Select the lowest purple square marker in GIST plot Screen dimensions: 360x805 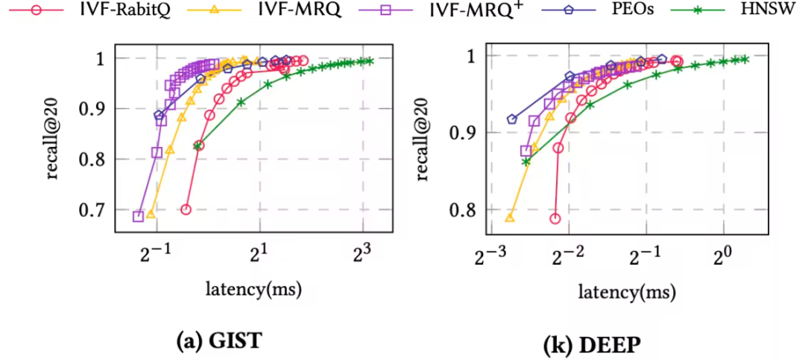point(138,216)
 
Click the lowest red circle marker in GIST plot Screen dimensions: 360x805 point(186,209)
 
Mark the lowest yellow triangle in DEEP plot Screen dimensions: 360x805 point(511,217)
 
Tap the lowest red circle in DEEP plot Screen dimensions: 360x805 point(555,218)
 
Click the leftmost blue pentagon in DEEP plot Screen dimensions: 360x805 point(511,119)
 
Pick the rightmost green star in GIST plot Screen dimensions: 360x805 point(369,60)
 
